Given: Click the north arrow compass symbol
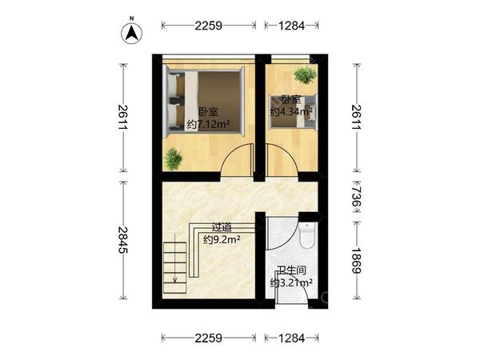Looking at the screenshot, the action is coord(132,33).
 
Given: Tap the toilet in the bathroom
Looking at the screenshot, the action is coord(306,235).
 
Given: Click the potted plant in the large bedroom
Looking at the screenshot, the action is coord(174,159).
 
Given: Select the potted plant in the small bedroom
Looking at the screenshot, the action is coord(305,74).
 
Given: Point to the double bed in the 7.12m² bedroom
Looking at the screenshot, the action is coord(205,102).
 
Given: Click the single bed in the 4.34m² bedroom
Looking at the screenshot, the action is coord(293,112).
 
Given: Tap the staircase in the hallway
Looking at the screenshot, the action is coord(174,267).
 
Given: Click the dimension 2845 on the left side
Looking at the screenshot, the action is coord(123,240).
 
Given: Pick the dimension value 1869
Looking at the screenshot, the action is coord(356,260).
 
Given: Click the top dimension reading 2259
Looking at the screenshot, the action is coord(209,26).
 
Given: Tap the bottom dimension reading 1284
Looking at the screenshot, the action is coord(291,338).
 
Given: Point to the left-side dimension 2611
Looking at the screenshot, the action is coord(123,118).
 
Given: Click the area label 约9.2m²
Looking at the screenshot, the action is coord(222,240).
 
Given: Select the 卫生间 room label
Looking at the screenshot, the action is coord(291,270).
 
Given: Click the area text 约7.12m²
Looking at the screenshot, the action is coord(209,124).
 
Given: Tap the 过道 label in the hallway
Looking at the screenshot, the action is coord(222,227).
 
